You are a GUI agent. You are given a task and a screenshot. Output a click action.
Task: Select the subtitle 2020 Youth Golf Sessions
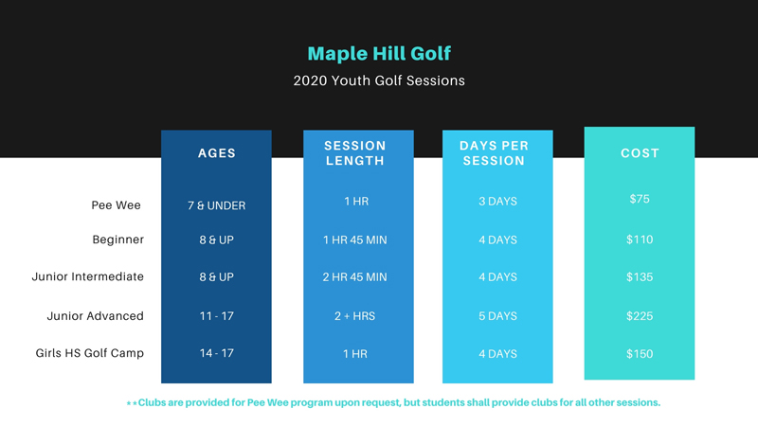pos(379,81)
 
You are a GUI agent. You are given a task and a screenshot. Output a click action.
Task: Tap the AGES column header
pos(216,153)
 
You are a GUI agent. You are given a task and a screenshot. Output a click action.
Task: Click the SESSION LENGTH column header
pos(355,153)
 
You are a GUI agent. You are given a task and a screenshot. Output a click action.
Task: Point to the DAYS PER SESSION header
pos(494,153)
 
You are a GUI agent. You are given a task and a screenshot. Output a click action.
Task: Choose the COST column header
pos(640,153)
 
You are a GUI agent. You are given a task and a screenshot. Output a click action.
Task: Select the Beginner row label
pos(117,240)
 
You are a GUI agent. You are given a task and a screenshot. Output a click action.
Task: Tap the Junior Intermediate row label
pos(88,276)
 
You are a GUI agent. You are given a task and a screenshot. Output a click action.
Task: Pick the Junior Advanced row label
pos(96,315)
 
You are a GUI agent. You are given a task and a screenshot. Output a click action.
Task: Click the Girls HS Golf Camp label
pos(89,353)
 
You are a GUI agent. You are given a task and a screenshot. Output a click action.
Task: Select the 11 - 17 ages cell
pos(216,315)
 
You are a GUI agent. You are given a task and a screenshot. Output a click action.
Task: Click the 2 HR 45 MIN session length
pos(355,277)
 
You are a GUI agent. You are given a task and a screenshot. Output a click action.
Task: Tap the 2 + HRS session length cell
pos(355,315)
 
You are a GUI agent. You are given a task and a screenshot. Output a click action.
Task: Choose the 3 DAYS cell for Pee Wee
pos(497,202)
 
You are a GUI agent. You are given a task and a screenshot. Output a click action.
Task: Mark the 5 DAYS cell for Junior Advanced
pos(497,315)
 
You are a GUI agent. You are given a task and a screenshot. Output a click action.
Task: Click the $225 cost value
pos(640,315)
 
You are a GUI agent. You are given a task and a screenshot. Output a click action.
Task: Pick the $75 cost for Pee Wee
pos(640,200)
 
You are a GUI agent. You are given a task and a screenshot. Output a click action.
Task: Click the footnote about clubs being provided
pos(393,402)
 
